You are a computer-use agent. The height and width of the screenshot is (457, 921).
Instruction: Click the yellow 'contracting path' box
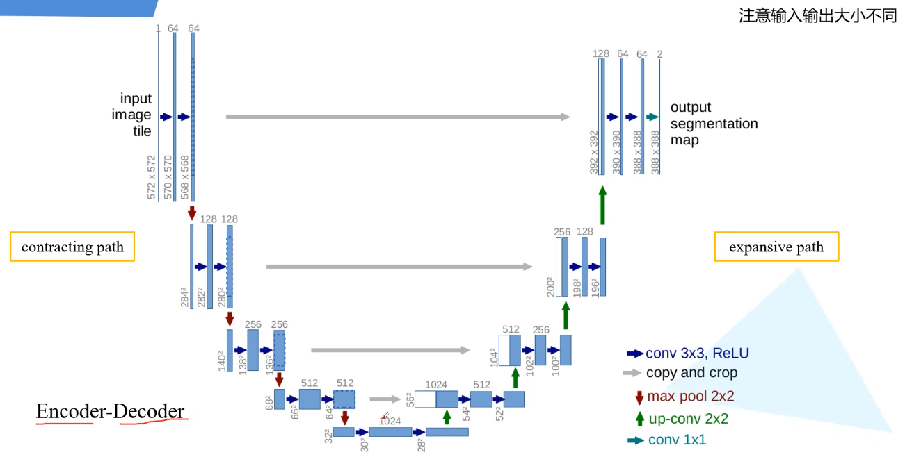click(x=72, y=247)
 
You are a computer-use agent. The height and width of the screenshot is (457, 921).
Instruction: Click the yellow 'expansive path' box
click(x=776, y=247)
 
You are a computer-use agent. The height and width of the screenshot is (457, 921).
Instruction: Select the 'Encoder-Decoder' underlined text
click(x=110, y=411)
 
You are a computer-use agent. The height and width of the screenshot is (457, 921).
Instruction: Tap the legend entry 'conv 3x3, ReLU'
click(x=688, y=353)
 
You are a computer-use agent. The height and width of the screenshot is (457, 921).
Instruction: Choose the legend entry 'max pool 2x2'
click(x=685, y=397)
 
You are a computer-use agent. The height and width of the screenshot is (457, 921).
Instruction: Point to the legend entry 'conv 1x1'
click(x=667, y=440)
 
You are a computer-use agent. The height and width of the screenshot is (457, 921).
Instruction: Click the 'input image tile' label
click(x=131, y=115)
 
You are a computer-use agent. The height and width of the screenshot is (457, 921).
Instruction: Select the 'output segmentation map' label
click(x=714, y=123)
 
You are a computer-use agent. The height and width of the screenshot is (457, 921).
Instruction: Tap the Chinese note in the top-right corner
click(x=817, y=15)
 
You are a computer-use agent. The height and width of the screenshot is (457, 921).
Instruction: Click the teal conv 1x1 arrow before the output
click(x=652, y=117)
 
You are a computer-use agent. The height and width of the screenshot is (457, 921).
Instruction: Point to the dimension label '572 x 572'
click(x=152, y=177)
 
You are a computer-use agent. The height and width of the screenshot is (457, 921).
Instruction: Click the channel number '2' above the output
click(x=660, y=53)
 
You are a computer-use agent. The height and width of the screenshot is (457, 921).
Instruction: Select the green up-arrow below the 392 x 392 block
click(x=603, y=206)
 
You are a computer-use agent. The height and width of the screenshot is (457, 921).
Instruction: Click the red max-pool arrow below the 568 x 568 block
click(x=192, y=213)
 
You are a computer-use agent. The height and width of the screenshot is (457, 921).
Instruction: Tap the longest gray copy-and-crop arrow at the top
click(x=398, y=117)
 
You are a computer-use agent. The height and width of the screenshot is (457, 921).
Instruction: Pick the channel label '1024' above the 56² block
click(x=436, y=385)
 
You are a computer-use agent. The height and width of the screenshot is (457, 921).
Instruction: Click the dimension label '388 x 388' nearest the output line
click(x=655, y=152)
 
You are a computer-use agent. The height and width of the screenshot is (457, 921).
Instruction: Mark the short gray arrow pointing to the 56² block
click(x=385, y=399)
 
